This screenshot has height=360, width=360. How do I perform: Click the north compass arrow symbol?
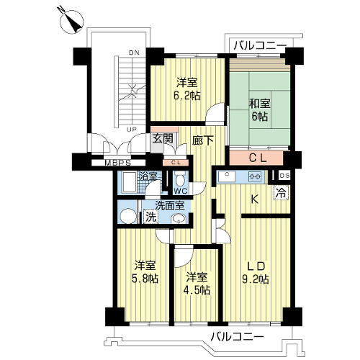pos(71,21)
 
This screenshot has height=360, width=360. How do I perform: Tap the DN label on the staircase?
pos(134,53)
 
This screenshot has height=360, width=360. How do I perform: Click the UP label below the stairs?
pos(132,130)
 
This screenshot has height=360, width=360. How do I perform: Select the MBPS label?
pos(118,163)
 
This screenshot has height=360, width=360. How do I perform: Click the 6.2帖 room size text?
pos(187,96)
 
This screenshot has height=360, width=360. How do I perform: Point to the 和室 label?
pos(260,104)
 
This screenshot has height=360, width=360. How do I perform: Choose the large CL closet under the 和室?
pos(256,158)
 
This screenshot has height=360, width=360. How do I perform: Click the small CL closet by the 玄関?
pos(176,163)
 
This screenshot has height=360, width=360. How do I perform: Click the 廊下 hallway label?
pos(203,140)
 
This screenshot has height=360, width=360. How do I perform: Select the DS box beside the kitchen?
pos(284,176)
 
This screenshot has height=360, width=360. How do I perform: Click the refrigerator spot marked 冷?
pos(281,193)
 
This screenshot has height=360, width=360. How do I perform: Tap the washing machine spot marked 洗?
pos(151,217)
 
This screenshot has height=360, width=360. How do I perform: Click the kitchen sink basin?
pos(226,176)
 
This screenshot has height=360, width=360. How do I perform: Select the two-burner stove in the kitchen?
pos(256,176)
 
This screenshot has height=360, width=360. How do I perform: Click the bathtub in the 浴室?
pos(129,182)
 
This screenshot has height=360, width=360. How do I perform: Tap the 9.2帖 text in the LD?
pos(256,279)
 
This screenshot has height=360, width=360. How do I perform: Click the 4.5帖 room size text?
pos(197,290)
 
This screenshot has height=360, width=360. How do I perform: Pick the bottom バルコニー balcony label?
pos(237,337)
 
